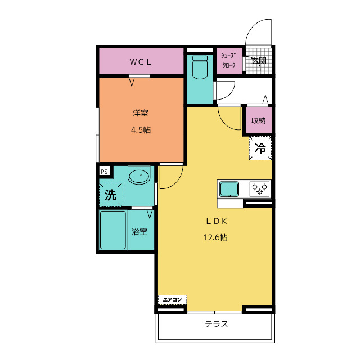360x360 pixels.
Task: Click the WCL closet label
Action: [x=141, y=62]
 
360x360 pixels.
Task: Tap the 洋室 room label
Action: [x=141, y=113]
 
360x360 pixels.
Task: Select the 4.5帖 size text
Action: [x=141, y=130]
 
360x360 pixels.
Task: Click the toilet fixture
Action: [x=200, y=67]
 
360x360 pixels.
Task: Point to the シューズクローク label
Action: [x=229, y=60]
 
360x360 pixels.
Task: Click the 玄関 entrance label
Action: [x=259, y=61]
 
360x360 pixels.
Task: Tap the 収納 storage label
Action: [x=259, y=120]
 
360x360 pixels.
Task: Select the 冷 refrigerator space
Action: [x=260, y=148]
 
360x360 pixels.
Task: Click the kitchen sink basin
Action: [x=229, y=189]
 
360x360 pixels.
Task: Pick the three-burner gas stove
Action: [x=260, y=189]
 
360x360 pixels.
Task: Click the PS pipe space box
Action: [x=104, y=172]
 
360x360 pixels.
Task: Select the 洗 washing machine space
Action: [x=110, y=195]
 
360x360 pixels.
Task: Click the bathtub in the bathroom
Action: [x=113, y=230]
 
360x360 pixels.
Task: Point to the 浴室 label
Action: [x=139, y=232]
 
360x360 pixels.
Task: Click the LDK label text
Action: [x=216, y=221]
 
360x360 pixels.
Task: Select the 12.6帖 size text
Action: [x=215, y=237]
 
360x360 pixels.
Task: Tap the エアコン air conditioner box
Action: [x=173, y=300]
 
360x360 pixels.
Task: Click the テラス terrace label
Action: [x=216, y=324]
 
